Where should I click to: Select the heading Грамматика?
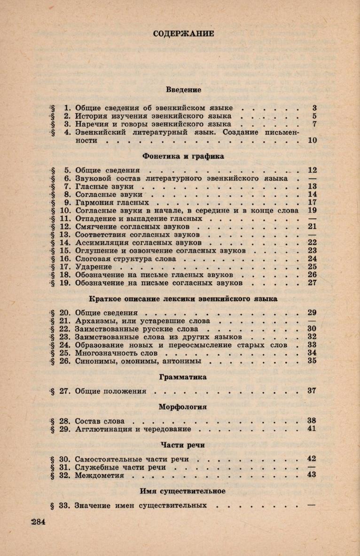click(x=183, y=377)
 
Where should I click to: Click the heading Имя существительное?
click(x=182, y=491)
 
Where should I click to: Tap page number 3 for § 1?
click(x=314, y=107)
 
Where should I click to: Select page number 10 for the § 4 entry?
click(x=312, y=140)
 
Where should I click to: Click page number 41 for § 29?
click(x=312, y=429)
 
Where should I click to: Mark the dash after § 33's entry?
click(x=311, y=505)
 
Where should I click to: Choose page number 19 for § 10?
click(x=312, y=210)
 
